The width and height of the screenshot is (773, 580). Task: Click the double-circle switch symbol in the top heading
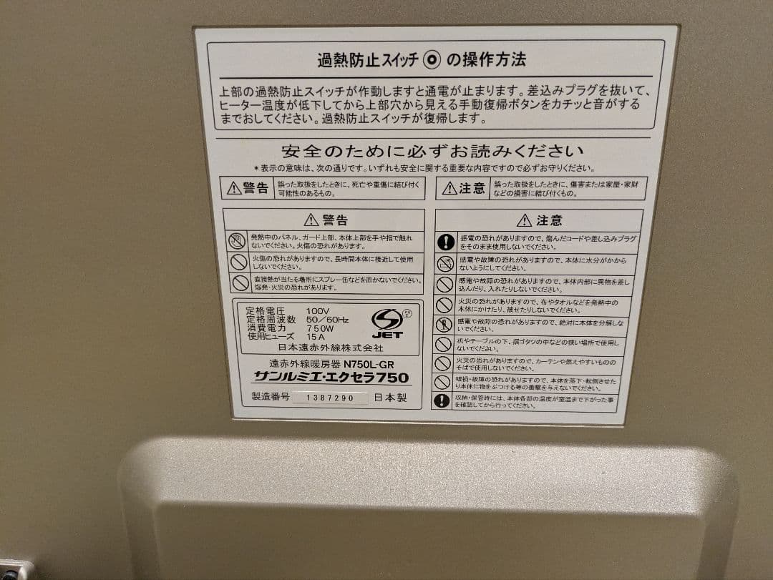pyautogui.click(x=432, y=60)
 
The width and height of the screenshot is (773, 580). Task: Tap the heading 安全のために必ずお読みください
pyautogui.click(x=432, y=152)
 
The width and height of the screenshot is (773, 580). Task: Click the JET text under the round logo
pyautogui.click(x=387, y=334)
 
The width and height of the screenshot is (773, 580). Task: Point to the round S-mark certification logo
pyautogui.click(x=387, y=318)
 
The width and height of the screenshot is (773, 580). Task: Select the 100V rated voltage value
pyautogui.click(x=318, y=310)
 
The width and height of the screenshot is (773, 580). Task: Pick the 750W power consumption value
pyautogui.click(x=319, y=328)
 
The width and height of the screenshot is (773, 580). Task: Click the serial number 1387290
pyautogui.click(x=330, y=398)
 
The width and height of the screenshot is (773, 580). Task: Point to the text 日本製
pyautogui.click(x=390, y=398)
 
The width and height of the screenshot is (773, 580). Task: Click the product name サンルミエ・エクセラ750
pyautogui.click(x=331, y=377)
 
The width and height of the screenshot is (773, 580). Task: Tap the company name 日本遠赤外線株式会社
pyautogui.click(x=331, y=348)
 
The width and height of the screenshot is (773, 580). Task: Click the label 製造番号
pyautogui.click(x=271, y=397)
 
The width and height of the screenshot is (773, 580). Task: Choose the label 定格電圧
pyautogui.click(x=265, y=310)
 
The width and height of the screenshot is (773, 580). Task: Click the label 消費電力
pyautogui.click(x=265, y=328)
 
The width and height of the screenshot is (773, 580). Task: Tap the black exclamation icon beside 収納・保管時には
pyautogui.click(x=443, y=400)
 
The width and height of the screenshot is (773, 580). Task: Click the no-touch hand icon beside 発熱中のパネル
pyautogui.click(x=238, y=240)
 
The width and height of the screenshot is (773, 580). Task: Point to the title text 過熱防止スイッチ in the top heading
pyautogui.click(x=368, y=60)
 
